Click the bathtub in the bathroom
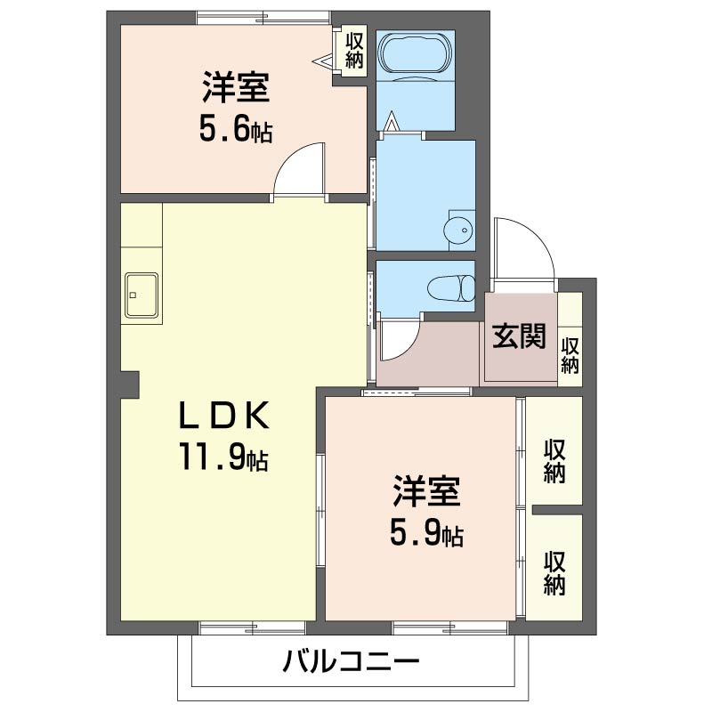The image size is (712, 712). [x=416, y=55]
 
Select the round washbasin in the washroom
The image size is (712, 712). [x=460, y=230]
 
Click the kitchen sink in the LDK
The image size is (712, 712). [x=142, y=293]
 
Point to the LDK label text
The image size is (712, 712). [x=223, y=417]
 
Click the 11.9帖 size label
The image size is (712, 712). [x=223, y=457]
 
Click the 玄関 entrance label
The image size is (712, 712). [x=520, y=336]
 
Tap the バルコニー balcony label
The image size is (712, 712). [x=351, y=662]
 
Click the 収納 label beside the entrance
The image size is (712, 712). [x=570, y=355]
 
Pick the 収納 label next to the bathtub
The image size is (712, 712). [x=354, y=51]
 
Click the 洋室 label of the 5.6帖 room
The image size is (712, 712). [x=235, y=90]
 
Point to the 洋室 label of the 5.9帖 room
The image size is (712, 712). [x=427, y=492]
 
